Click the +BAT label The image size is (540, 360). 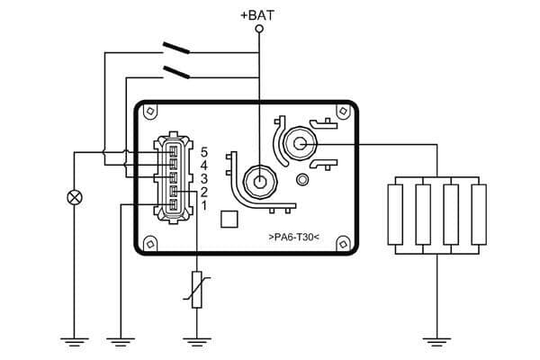pos(259,14)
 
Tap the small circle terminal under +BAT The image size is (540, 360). pos(259,30)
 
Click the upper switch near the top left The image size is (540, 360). pos(176,47)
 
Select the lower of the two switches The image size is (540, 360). pos(176,69)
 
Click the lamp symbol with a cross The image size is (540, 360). pos(74,198)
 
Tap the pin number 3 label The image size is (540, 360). pos(205,178)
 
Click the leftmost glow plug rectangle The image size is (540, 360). pos(397,213)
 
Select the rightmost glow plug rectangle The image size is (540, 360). pos(478,213)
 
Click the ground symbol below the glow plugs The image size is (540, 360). pos(437,340)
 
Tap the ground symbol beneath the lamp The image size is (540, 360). pos(74,340)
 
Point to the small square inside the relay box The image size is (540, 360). pos(229,219)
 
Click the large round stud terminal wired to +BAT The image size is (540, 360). pos(260,179)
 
